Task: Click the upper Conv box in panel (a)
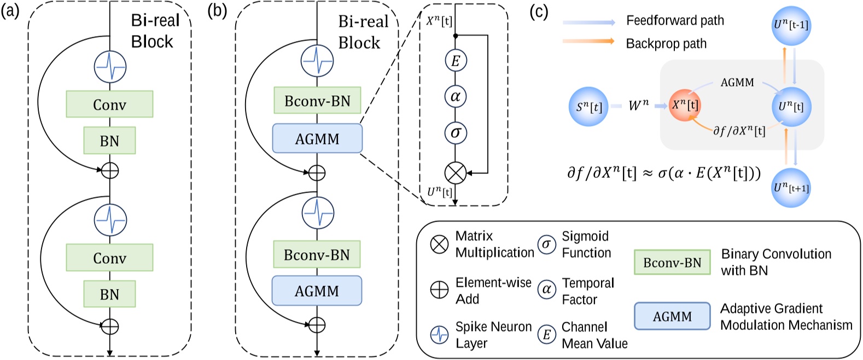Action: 109,104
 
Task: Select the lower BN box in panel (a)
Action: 109,294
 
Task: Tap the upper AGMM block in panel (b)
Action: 317,138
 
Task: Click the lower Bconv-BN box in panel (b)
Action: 317,254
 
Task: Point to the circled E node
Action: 455,61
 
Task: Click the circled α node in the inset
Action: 455,97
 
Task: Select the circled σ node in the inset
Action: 455,132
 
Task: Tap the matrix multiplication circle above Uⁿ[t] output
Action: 455,173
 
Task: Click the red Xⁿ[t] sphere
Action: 684,104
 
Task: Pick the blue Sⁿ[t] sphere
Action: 588,106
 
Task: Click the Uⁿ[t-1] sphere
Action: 790,25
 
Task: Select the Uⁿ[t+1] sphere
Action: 790,188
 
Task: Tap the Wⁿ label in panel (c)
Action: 638,105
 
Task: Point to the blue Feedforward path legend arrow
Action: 588,22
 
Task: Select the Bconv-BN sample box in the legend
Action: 672,263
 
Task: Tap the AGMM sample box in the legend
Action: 672,316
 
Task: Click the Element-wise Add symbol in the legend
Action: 439,290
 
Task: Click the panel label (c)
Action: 539,12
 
